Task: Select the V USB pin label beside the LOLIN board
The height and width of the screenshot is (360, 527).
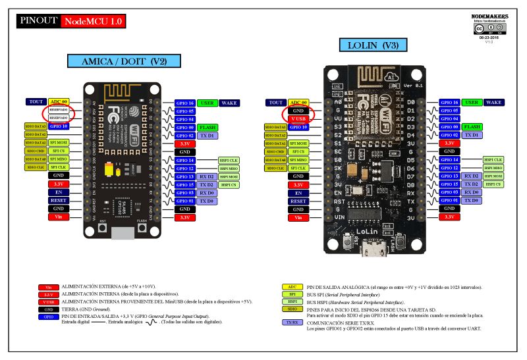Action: (x=298, y=118)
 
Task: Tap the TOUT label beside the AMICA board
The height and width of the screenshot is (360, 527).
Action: (x=36, y=102)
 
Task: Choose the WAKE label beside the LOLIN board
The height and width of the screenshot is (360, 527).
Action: (x=493, y=103)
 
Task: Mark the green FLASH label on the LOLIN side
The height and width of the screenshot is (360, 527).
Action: (x=471, y=126)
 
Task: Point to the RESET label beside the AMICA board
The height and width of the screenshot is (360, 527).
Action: (x=58, y=200)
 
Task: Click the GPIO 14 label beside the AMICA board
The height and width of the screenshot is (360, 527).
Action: (x=184, y=160)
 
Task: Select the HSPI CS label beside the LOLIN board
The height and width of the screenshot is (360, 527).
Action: (x=493, y=184)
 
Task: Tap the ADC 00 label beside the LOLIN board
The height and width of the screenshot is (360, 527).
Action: (x=298, y=103)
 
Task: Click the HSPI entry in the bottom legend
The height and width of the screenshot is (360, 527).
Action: (x=292, y=301)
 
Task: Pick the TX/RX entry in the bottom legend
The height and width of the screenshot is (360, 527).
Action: (x=292, y=322)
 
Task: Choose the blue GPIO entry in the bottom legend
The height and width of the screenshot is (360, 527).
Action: (x=48, y=317)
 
